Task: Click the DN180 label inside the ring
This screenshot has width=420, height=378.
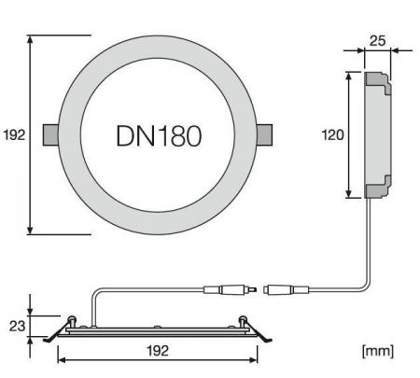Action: [x=159, y=135]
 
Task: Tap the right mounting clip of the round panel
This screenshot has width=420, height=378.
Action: [x=265, y=135]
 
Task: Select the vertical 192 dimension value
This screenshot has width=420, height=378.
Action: [x=13, y=135]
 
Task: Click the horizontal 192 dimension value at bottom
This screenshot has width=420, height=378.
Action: [x=157, y=351]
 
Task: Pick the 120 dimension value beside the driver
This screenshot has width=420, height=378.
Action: [x=332, y=134]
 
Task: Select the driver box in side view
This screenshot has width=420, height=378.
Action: [x=375, y=134]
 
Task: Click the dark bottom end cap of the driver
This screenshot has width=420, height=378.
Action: [x=376, y=190]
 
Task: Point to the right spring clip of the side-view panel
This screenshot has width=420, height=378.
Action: [x=259, y=329]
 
